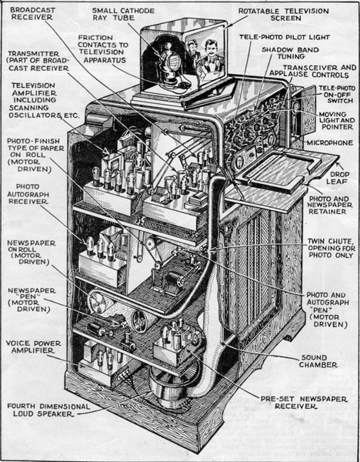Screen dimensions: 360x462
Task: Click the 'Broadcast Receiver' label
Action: click(x=32, y=14)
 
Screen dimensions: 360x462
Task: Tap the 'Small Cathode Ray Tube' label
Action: click(x=123, y=14)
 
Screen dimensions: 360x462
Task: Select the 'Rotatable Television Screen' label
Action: click(x=284, y=15)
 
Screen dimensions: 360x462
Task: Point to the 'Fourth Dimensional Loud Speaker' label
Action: click(x=48, y=410)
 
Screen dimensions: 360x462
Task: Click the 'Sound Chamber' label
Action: click(x=318, y=361)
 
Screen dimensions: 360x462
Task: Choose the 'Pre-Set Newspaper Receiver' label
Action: click(x=304, y=403)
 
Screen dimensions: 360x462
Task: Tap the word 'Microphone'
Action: click(x=330, y=143)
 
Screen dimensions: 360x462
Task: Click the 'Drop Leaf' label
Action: click(x=337, y=178)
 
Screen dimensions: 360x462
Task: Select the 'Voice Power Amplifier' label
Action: click(x=33, y=346)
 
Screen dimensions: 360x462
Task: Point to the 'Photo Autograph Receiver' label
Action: click(x=28, y=194)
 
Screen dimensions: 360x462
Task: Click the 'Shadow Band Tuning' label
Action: click(x=290, y=53)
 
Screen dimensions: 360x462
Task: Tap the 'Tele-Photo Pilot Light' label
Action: click(x=285, y=37)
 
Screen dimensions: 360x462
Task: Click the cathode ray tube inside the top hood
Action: click(x=171, y=62)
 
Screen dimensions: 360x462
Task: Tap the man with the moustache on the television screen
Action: click(x=210, y=59)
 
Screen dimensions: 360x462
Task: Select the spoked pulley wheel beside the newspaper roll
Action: click(x=139, y=321)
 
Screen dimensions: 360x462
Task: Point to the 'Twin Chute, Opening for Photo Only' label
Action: click(x=331, y=249)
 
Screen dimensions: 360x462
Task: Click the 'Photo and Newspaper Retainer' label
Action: click(x=329, y=205)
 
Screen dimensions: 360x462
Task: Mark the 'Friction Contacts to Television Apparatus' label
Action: click(x=103, y=49)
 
